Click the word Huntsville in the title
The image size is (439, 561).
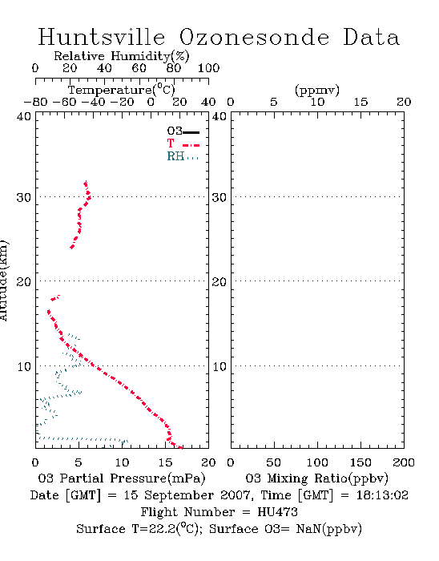102,37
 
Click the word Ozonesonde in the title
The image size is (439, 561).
253,37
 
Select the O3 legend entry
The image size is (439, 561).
183,131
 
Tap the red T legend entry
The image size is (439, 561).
183,143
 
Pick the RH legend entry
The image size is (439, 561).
183,156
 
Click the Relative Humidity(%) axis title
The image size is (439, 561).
122,56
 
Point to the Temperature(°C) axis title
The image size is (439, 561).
122,90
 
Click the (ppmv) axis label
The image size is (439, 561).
317,90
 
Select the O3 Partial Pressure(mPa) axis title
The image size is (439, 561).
122,478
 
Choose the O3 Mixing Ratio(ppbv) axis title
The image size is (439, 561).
316,478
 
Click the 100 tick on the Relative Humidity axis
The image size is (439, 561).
208,68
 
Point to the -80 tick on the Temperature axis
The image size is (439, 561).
35,102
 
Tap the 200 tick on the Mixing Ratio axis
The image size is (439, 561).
404,462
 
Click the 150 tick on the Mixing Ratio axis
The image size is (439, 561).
360,462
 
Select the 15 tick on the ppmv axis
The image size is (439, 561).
360,102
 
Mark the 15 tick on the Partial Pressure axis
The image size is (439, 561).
165,462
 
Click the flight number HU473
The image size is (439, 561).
277,512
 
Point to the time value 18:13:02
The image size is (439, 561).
382,495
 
